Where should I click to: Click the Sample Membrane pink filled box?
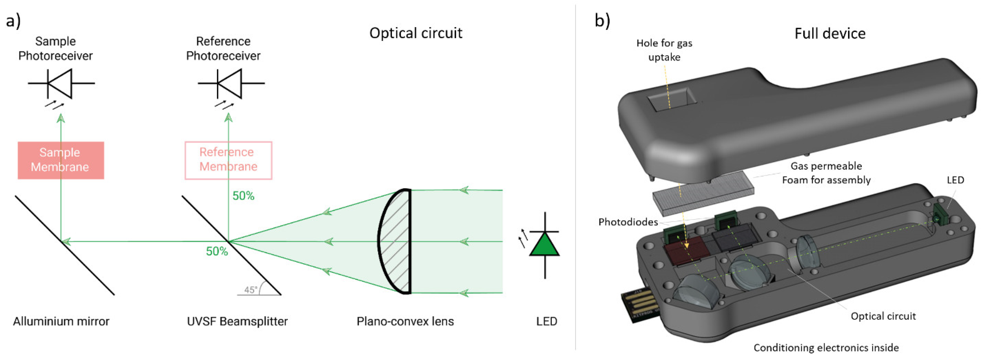61,160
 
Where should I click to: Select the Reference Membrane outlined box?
228,160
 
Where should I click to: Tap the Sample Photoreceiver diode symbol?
61,83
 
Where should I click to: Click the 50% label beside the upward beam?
243,196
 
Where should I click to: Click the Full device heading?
830,34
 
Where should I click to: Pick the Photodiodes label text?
628,222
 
